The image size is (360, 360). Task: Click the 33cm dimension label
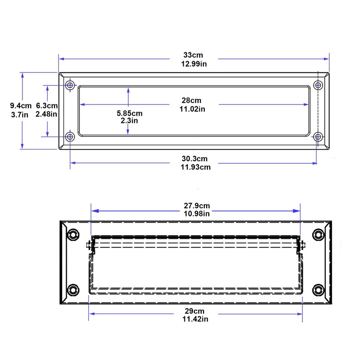(194, 55)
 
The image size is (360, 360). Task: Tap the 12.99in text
(194, 63)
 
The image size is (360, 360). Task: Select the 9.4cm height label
(21, 106)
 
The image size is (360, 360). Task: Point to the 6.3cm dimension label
(46, 106)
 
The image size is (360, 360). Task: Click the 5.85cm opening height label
(129, 113)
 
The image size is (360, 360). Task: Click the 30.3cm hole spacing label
(194, 158)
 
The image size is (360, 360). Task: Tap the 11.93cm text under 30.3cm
(194, 167)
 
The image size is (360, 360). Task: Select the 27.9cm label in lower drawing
(197, 206)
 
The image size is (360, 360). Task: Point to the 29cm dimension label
(194, 311)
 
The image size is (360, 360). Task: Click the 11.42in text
(194, 319)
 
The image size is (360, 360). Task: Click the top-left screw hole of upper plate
(70, 85)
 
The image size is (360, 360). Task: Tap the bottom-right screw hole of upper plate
(318, 136)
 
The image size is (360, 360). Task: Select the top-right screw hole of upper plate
(318, 85)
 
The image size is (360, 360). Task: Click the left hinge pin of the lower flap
(89, 246)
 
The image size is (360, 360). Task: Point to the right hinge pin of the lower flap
(302, 246)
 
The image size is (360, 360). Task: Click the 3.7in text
(20, 114)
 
